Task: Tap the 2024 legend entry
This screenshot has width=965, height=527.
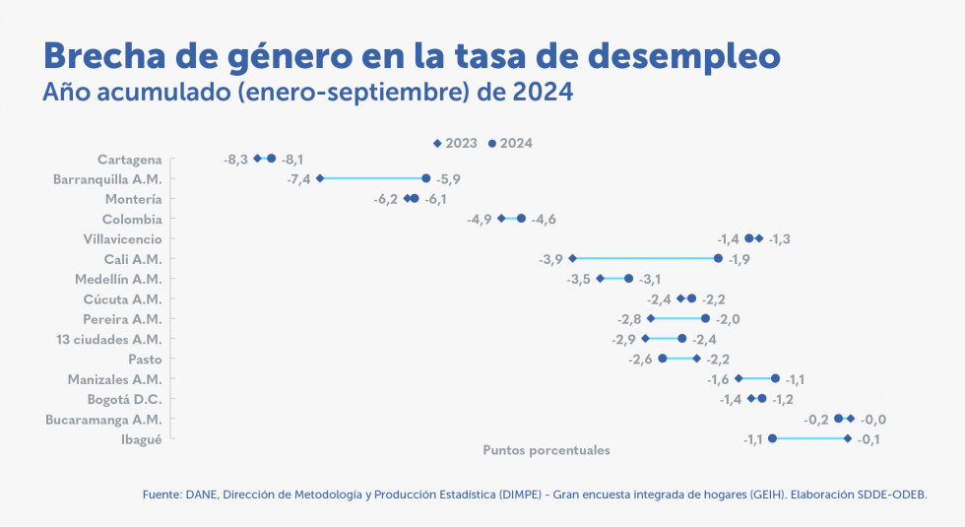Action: point(511,143)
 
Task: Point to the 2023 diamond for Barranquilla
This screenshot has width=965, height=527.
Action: point(320,178)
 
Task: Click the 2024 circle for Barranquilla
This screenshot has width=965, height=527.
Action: point(425,178)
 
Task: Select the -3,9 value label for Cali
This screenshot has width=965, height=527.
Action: point(551,259)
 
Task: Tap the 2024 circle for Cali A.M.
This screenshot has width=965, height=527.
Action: point(719,258)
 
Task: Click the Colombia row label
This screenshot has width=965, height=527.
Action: point(132,220)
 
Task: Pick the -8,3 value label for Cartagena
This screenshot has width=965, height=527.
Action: point(235,159)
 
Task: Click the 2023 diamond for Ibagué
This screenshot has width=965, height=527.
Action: point(848,438)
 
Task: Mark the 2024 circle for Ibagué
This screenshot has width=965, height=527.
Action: point(773,438)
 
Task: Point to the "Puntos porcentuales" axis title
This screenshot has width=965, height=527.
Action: point(547,450)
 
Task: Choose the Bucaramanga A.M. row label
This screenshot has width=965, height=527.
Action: point(103,420)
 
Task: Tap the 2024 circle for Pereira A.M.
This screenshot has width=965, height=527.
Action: point(705,318)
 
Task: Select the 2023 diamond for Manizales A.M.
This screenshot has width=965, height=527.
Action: point(739,378)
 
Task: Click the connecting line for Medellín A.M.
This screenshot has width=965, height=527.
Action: point(614,279)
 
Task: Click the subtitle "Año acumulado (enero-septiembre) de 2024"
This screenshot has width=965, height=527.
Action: point(308,94)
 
